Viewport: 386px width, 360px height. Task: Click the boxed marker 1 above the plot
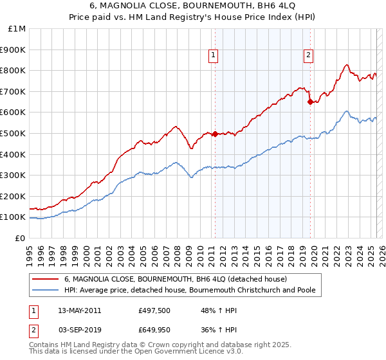pos(213,56)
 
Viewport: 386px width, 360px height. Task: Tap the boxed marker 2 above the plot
pos(309,56)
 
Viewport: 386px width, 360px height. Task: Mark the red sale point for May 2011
pos(215,134)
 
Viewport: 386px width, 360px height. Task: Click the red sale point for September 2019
pos(310,102)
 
